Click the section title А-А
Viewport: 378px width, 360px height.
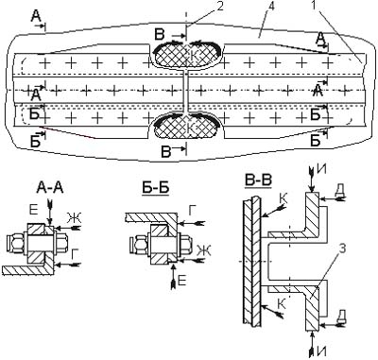tap(50, 188)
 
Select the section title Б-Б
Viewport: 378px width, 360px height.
tap(155, 188)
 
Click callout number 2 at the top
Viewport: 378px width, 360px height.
tap(219, 6)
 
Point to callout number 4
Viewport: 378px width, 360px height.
tap(270, 7)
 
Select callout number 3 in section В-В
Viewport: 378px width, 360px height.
tap(342, 248)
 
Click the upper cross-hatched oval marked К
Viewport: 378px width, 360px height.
tap(187, 55)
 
